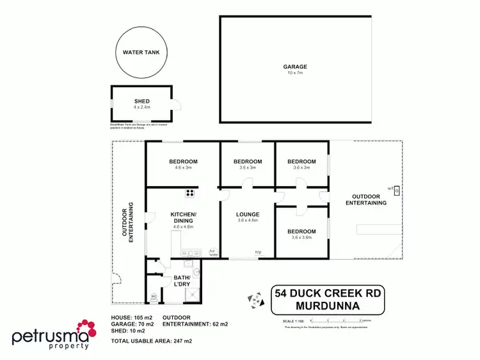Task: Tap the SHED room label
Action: click(141, 101)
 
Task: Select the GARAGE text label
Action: click(296, 67)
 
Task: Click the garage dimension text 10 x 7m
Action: click(296, 73)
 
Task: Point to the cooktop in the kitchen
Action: click(190, 192)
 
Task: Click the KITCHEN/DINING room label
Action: click(183, 217)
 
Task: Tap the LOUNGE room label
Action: click(247, 215)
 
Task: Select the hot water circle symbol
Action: click(197, 271)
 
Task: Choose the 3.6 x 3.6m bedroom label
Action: click(301, 237)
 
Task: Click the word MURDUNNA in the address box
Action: click(328, 306)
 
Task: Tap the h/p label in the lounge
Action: click(258, 253)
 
